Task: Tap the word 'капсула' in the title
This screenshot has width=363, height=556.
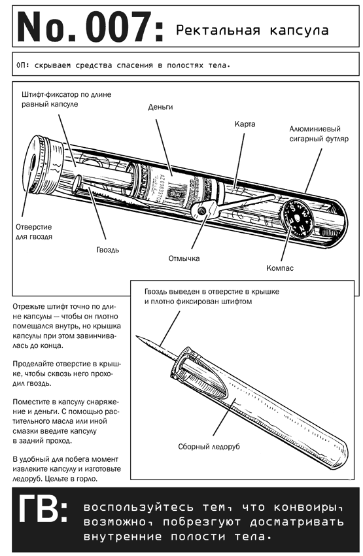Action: [299, 31]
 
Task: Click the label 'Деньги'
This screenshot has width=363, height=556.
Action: [161, 107]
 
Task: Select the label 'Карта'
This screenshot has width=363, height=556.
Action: [245, 124]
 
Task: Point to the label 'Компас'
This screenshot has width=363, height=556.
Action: [280, 268]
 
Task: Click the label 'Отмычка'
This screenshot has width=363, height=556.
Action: [184, 258]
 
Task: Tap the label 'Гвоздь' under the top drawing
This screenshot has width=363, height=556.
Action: [108, 250]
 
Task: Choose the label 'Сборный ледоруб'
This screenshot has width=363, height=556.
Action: [209, 446]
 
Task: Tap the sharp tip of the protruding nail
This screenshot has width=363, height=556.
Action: [137, 336]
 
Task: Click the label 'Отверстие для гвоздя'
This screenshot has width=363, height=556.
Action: [34, 232]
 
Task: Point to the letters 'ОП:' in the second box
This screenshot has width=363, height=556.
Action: [22, 65]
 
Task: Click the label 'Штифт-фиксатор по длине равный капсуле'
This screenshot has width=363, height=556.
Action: [66, 99]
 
